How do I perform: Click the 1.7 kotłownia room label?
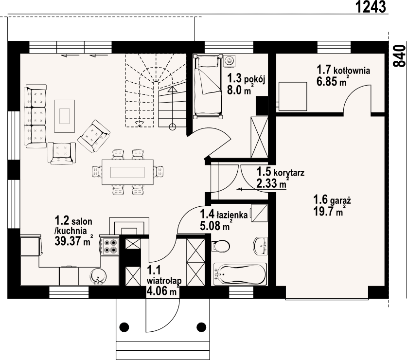click(x=343, y=71)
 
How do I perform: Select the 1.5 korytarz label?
click(x=273, y=172)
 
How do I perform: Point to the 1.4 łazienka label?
click(x=224, y=214)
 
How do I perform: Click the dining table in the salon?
click(x=127, y=172)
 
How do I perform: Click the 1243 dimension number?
click(x=371, y=7)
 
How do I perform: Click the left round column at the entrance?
click(x=124, y=326)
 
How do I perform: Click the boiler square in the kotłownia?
click(x=293, y=96)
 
